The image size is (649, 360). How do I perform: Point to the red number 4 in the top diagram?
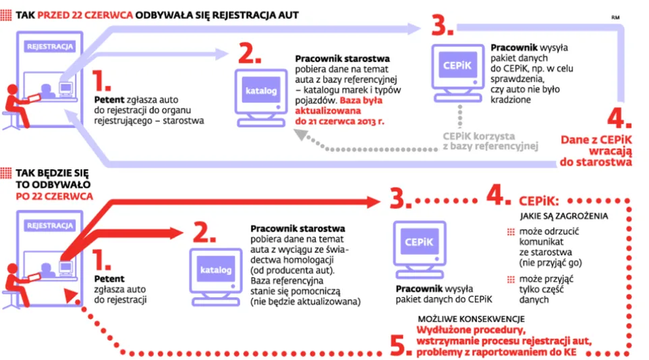pyautogui.click(x=619, y=119)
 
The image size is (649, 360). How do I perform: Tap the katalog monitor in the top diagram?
pyautogui.click(x=258, y=94)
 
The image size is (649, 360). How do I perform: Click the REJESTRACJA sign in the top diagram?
pyautogui.click(x=50, y=47)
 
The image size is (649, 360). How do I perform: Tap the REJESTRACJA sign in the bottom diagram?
pyautogui.click(x=50, y=226)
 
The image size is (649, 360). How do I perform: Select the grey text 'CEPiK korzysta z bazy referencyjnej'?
pyautogui.click(x=490, y=140)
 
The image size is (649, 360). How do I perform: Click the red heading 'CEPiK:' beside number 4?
pyautogui.click(x=539, y=202)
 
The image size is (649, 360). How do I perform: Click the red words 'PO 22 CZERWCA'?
pyautogui.click(x=53, y=196)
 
